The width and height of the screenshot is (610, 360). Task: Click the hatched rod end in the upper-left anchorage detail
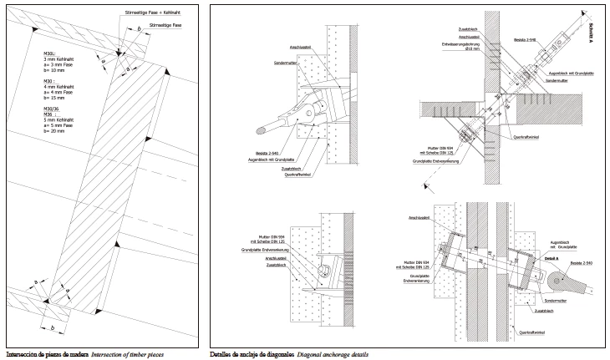[x=264, y=129]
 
